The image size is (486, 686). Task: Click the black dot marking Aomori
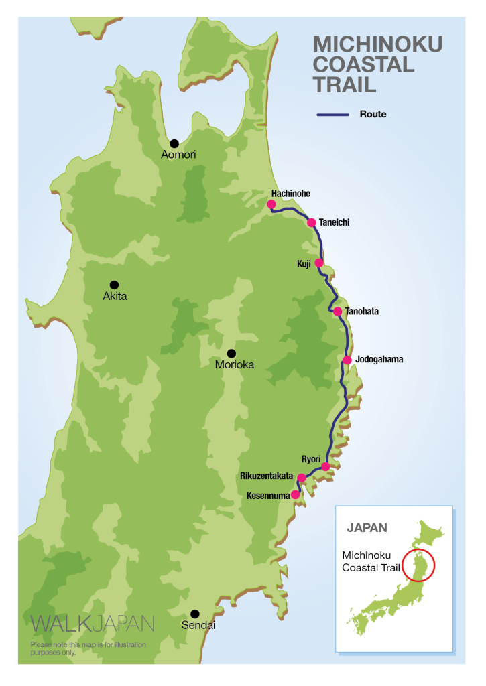click(x=174, y=143)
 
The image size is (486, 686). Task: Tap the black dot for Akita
click(x=114, y=285)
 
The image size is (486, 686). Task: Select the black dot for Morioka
click(x=231, y=353)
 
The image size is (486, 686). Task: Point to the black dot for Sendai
click(x=194, y=614)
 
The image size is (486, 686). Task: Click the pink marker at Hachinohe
click(x=271, y=204)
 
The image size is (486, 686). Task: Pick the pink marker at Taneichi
click(x=312, y=222)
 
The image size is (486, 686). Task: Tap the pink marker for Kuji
click(x=319, y=263)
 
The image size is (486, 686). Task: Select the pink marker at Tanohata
click(x=337, y=312)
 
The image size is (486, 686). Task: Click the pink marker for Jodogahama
click(x=347, y=360)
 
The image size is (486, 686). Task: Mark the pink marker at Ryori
click(x=326, y=466)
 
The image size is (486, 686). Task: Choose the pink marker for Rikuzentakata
click(x=302, y=478)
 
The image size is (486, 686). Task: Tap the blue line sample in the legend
click(x=332, y=115)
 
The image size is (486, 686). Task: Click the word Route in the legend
click(x=373, y=115)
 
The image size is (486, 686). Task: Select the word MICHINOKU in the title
click(x=378, y=45)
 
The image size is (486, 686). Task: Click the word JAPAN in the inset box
click(x=367, y=527)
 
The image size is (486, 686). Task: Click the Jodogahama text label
click(x=379, y=360)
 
